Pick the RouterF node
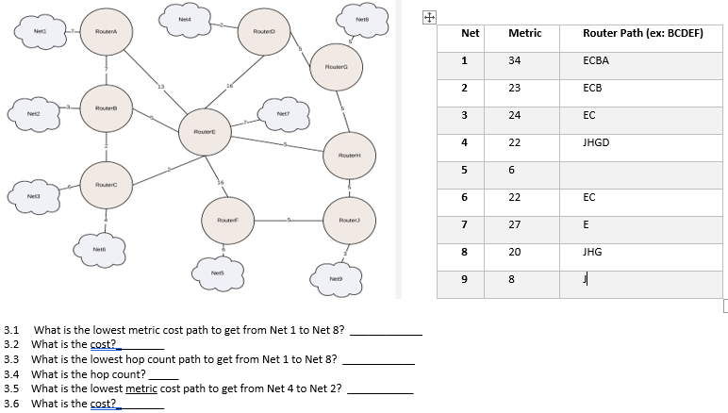[x=226, y=219]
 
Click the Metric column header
[x=524, y=33]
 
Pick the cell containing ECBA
[x=596, y=59]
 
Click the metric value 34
[x=515, y=59]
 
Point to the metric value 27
[x=515, y=224]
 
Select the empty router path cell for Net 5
[x=641, y=170]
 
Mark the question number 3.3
[x=12, y=359]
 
